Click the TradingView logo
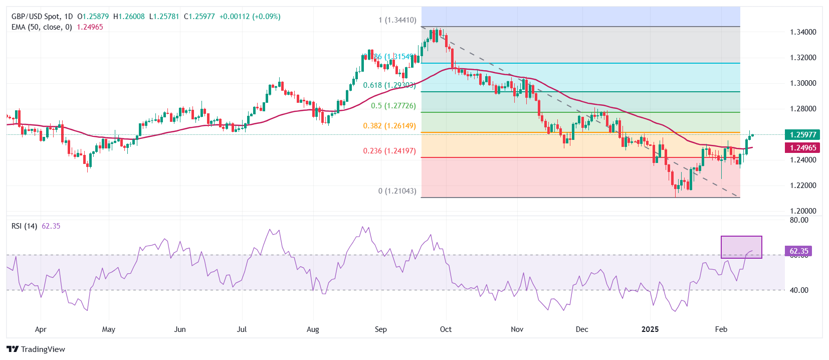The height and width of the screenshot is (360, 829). click(36, 349)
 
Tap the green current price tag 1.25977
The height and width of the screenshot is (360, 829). click(803, 134)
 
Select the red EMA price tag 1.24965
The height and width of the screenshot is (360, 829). click(803, 147)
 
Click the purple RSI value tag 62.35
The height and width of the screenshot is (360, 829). click(798, 251)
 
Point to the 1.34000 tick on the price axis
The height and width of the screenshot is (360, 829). click(803, 32)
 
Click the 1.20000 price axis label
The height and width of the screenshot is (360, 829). click(803, 211)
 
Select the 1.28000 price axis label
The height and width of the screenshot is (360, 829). click(803, 109)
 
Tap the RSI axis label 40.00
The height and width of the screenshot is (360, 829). click(799, 290)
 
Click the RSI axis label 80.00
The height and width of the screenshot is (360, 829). click(799, 220)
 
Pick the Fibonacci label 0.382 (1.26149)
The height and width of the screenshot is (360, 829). click(389, 126)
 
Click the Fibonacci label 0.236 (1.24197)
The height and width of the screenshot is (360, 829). click(389, 151)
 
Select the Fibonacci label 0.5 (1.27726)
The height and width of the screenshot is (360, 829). click(393, 106)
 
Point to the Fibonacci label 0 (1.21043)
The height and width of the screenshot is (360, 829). click(397, 191)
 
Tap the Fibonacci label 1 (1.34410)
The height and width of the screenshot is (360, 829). click(397, 21)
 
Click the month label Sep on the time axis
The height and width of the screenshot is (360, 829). click(381, 329)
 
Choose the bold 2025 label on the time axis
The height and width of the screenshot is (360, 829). click(650, 329)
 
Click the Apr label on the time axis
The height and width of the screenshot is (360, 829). click(41, 329)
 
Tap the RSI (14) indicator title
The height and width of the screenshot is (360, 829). click(24, 226)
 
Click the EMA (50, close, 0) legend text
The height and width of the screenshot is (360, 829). click(42, 27)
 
